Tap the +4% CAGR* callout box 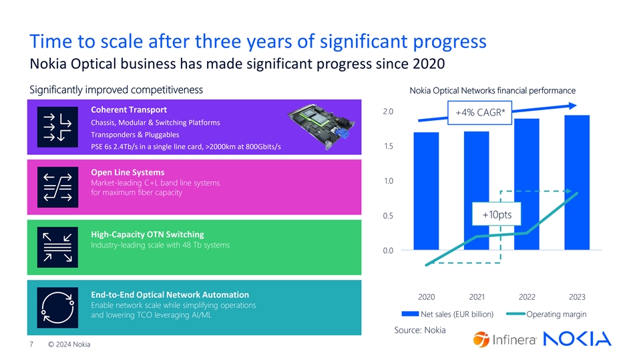click(x=479, y=114)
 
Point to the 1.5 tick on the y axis click(x=388, y=146)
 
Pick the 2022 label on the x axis click(x=527, y=297)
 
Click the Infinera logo click(x=505, y=339)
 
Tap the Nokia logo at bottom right click(x=579, y=339)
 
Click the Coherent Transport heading click(x=128, y=110)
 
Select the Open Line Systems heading click(x=127, y=172)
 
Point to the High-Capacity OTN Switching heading click(x=147, y=234)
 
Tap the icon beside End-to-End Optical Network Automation click(x=56, y=307)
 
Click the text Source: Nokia click(x=421, y=330)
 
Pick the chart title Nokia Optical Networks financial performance click(x=492, y=91)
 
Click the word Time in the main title click(x=51, y=41)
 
